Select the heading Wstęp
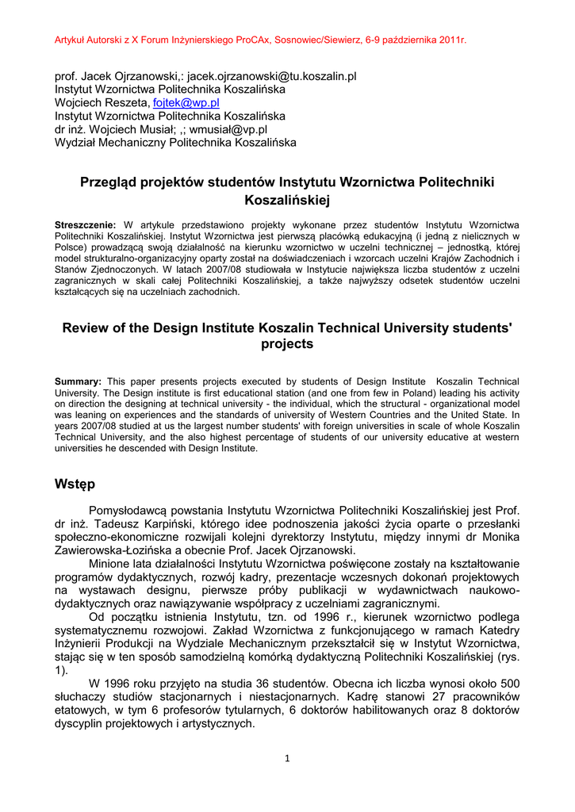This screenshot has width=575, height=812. [76, 484]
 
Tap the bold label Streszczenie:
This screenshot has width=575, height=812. [85, 225]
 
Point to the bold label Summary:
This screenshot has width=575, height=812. [78, 381]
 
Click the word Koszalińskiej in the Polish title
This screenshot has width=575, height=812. [287, 201]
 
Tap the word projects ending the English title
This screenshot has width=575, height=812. [287, 345]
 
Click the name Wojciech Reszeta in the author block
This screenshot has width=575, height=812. [102, 103]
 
